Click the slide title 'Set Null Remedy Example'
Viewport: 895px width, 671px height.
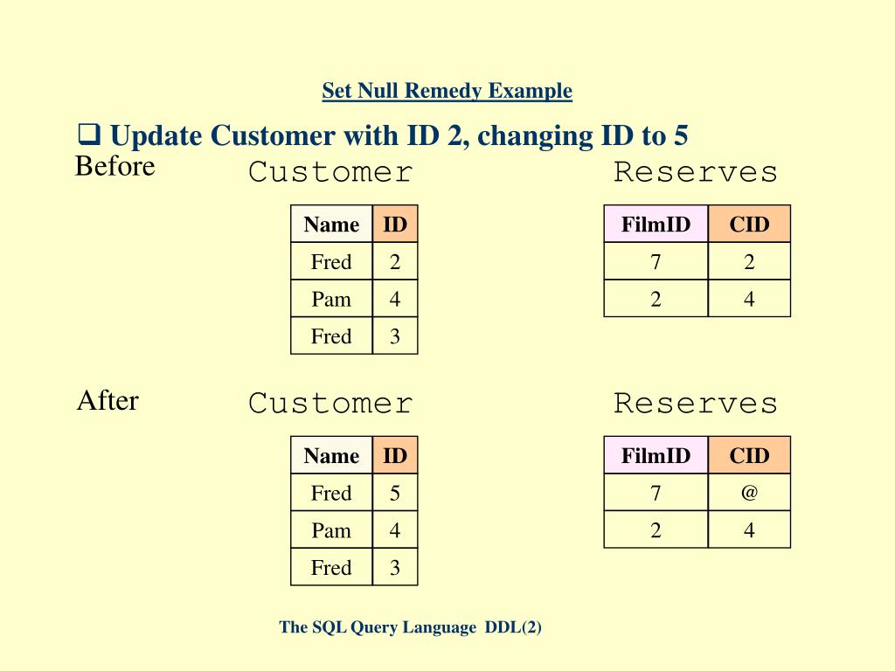click(447, 91)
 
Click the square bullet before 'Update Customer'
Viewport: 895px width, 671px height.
click(88, 135)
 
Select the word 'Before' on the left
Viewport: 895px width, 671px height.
click(114, 166)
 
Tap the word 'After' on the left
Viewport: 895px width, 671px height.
click(108, 401)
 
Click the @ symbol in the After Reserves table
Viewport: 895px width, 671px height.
click(749, 493)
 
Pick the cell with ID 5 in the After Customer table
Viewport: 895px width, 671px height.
click(395, 494)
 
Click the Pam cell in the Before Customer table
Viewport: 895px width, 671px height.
click(331, 300)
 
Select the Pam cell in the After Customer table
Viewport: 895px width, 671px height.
click(331, 530)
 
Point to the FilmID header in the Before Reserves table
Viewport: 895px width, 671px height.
click(656, 225)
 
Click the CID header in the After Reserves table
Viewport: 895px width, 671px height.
click(749, 455)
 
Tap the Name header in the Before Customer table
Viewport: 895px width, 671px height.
click(331, 225)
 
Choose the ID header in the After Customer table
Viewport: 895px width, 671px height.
click(395, 455)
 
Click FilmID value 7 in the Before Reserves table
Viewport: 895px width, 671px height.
click(656, 262)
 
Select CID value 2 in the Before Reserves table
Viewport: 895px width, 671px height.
click(749, 262)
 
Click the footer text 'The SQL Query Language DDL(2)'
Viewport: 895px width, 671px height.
click(411, 627)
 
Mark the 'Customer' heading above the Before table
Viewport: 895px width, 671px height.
click(330, 172)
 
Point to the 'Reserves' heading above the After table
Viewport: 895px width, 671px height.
click(695, 403)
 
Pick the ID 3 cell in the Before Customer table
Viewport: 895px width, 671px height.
click(395, 336)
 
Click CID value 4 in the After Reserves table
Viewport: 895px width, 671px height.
click(749, 530)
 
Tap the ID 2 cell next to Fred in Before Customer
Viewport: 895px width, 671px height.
click(395, 262)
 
